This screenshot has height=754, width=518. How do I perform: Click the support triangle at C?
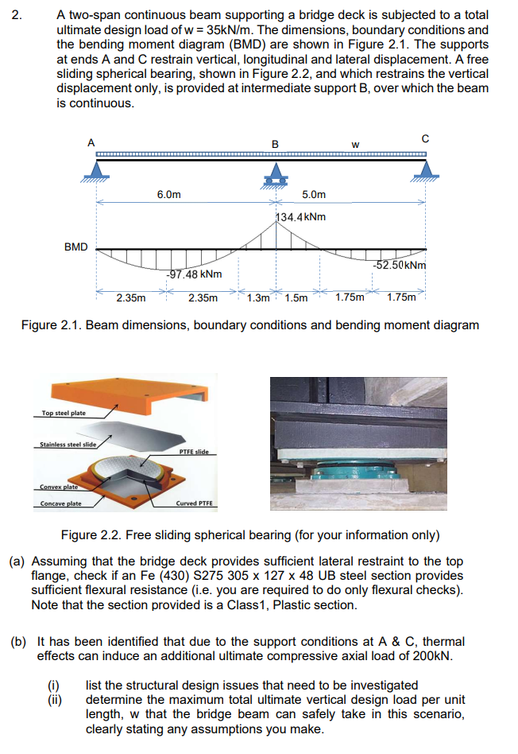[x=427, y=169]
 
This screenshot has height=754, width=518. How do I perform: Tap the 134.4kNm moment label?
[x=299, y=216]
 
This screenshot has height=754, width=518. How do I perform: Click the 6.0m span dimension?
[x=168, y=194]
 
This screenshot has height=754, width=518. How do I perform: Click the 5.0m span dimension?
[x=314, y=194]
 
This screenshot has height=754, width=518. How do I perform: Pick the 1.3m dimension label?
[x=258, y=298]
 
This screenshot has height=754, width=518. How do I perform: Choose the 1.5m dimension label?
[x=296, y=298]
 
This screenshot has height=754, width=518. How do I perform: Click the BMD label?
[x=76, y=247]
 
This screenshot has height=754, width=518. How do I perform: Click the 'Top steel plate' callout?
[x=64, y=413]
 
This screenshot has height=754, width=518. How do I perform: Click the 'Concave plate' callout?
[x=61, y=503]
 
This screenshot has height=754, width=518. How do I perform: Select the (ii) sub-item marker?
[x=57, y=700]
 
